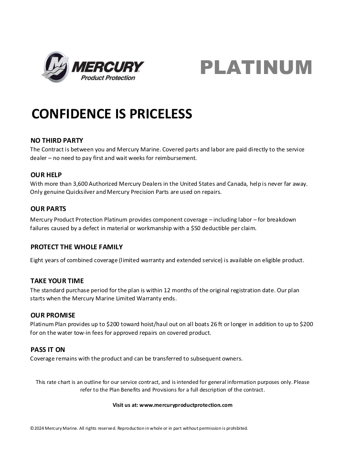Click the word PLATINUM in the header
[256, 67]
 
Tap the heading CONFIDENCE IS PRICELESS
[112, 114]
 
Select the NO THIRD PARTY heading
[57, 140]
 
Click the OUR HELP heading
[46, 175]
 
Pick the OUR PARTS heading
[48, 209]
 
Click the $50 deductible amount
[198, 228]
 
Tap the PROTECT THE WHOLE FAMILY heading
[76, 247]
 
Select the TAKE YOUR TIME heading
[57, 281]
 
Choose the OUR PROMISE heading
[53, 315]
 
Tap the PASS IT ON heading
[48, 350]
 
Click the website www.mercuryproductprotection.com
[186, 405]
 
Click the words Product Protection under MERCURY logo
[108, 78]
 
